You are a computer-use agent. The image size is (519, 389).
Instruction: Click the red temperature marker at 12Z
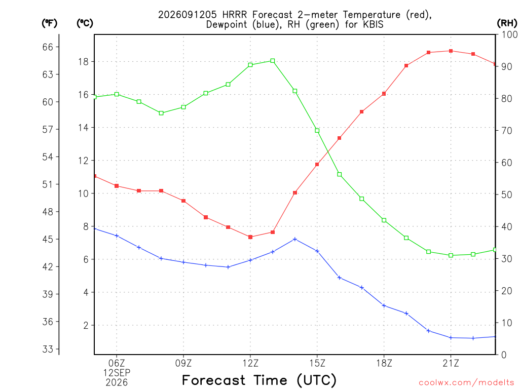(250, 237)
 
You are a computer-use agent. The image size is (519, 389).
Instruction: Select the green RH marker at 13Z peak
(273, 61)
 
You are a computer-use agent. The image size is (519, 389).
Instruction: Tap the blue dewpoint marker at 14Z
(295, 239)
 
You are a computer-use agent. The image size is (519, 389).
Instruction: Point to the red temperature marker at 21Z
(451, 51)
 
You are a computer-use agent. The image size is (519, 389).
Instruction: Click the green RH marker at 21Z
(451, 255)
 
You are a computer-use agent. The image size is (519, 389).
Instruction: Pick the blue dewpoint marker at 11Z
(228, 267)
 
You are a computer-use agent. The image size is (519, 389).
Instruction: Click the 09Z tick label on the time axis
(183, 363)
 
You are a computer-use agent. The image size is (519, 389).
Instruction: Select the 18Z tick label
(384, 363)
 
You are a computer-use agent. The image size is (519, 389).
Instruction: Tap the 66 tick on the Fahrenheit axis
(48, 47)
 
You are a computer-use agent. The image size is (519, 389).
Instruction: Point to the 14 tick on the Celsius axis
(83, 128)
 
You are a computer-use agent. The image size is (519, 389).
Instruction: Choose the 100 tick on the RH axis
(509, 34)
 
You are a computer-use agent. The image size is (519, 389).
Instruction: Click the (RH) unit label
(507, 23)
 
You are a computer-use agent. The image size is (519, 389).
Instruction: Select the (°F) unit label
(49, 23)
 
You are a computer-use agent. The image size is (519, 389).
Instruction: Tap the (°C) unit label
(85, 23)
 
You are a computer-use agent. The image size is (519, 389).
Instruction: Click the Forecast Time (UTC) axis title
(259, 380)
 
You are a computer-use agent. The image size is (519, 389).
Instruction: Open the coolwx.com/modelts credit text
(466, 383)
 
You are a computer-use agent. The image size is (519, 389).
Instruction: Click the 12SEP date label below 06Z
(117, 373)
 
